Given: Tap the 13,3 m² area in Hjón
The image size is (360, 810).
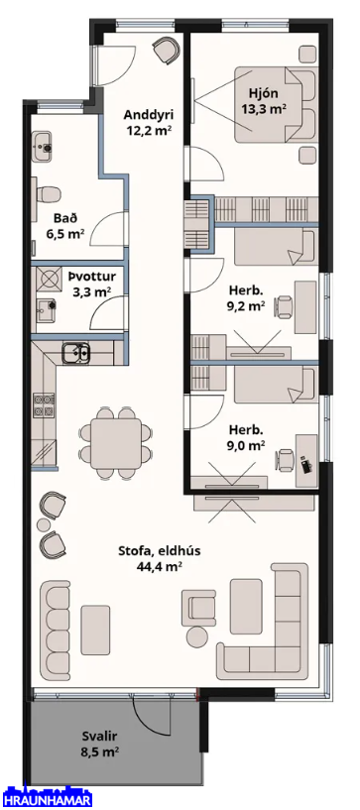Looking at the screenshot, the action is [264, 108].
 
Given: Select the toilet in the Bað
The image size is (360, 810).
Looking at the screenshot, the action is [46, 194].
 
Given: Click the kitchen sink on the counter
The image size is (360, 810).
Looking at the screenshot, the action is [75, 353].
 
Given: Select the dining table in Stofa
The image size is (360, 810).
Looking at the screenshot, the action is [117, 443].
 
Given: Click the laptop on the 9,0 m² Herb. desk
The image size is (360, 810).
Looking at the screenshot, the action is [307, 465].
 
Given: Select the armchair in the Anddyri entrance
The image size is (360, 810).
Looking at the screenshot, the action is [167, 51].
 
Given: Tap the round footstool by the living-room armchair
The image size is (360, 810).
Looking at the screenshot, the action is [196, 636].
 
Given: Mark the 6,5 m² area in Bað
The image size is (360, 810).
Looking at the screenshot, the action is [64, 234].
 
